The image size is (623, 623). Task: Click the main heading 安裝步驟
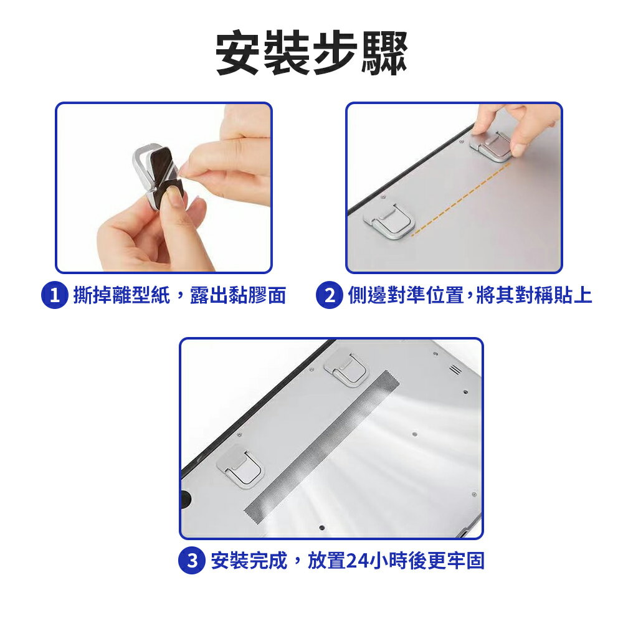pyautogui.click(x=311, y=53)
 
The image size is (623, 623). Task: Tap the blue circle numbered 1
pyautogui.click(x=55, y=295)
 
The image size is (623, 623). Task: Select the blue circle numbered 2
pyautogui.click(x=330, y=295)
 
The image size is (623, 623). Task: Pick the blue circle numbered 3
pyautogui.click(x=192, y=561)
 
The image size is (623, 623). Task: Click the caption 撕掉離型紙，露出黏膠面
pyautogui.click(x=179, y=295)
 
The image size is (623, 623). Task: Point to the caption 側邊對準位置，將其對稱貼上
pyautogui.click(x=470, y=295)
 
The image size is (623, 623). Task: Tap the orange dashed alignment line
pyautogui.click(x=460, y=199)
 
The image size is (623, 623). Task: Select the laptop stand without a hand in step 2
pyautogui.click(x=389, y=221)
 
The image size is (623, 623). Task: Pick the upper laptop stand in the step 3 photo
pyautogui.click(x=346, y=369)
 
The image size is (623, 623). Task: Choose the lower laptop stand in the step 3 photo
pyautogui.click(x=240, y=467)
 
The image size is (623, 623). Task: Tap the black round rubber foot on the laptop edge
pyautogui.click(x=185, y=499)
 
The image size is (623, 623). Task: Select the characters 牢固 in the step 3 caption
pyautogui.click(x=465, y=561)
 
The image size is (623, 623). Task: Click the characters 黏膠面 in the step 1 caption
pyautogui.click(x=257, y=295)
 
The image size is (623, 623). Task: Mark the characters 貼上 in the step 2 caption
pyautogui.click(x=573, y=295)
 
